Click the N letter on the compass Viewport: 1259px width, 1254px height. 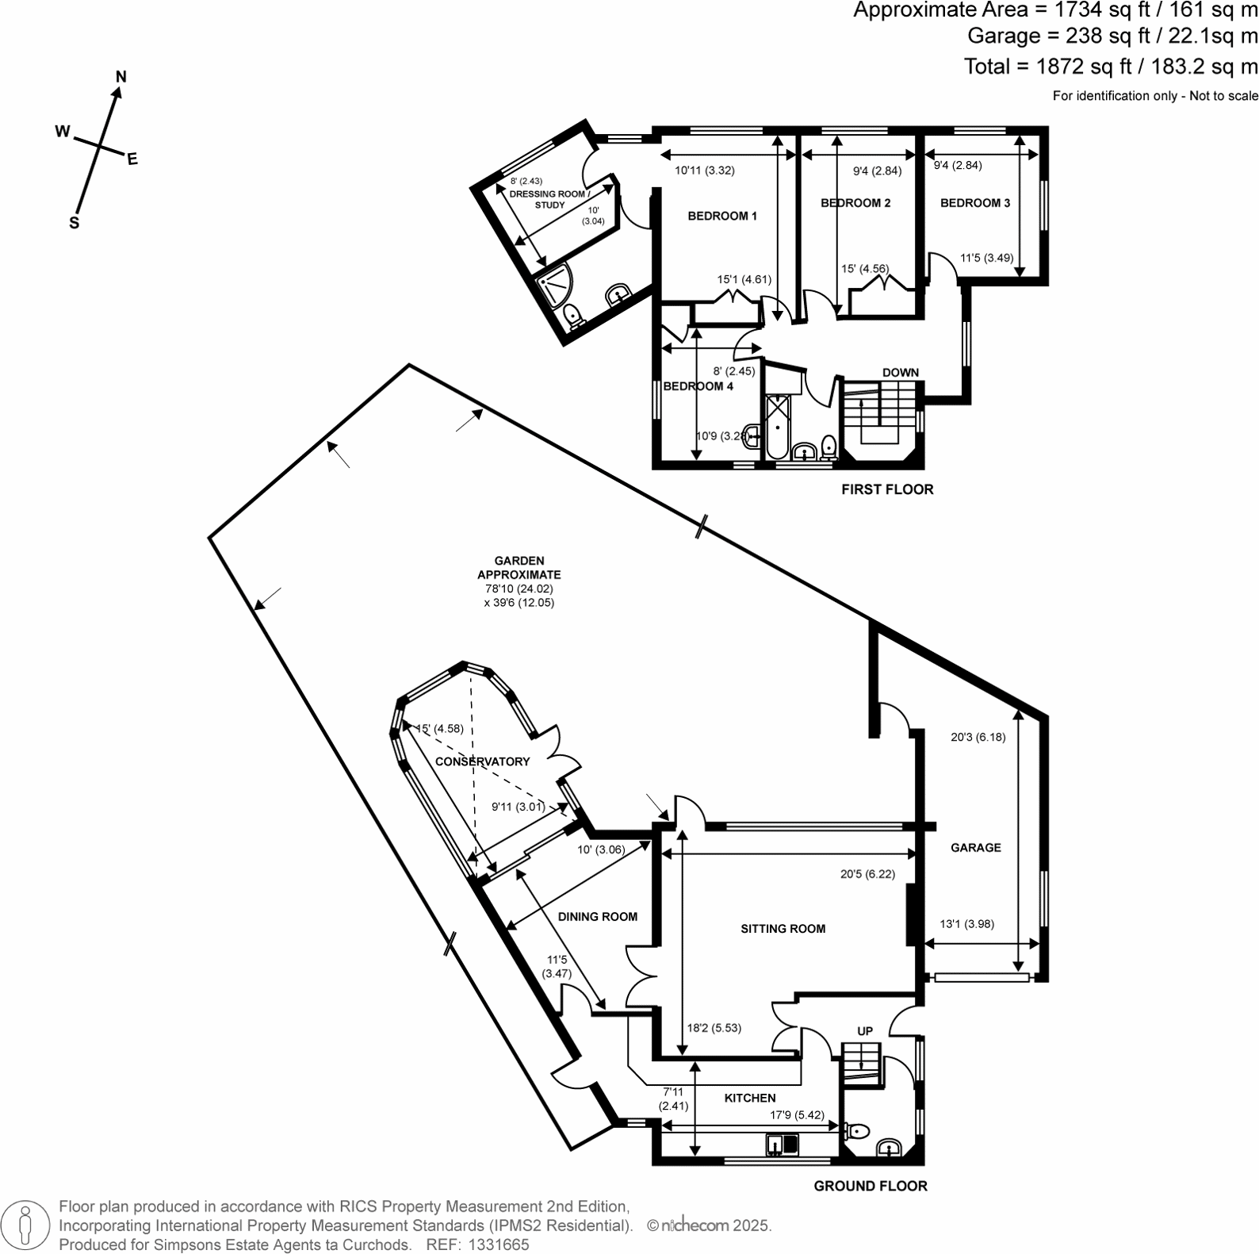[121, 77]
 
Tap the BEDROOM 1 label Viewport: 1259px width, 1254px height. [721, 216]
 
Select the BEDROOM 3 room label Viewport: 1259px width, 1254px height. [974, 203]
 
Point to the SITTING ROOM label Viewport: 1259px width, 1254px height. [783, 929]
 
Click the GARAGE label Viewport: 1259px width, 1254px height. [975, 848]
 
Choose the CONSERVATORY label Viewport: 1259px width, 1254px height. [482, 761]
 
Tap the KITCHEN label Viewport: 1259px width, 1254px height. [750, 1098]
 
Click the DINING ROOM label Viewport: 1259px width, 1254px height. [597, 917]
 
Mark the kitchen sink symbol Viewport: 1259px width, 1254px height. [782, 1145]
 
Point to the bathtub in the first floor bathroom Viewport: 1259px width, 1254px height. [776, 426]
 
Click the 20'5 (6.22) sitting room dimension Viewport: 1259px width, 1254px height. [867, 874]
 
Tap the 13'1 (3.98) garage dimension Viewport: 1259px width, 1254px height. [966, 924]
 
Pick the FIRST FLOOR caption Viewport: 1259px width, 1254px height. [887, 489]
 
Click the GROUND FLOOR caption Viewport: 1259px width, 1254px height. [871, 1187]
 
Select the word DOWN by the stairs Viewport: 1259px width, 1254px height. [901, 372]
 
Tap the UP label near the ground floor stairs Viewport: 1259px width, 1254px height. [865, 1031]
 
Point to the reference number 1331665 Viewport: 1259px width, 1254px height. [499, 1244]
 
